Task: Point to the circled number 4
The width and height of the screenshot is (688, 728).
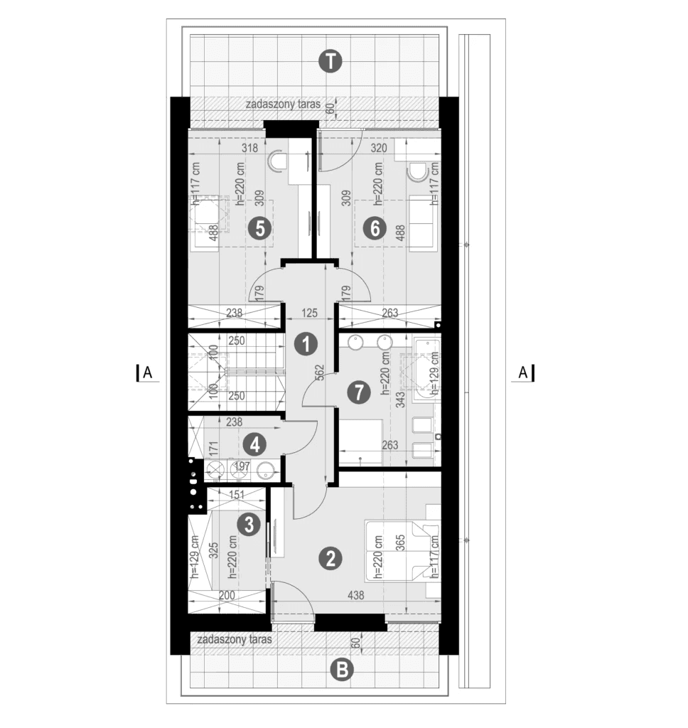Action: pos(254,445)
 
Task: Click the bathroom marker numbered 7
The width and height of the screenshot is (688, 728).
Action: pos(360,390)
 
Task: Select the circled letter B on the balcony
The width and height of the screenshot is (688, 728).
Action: pos(343,670)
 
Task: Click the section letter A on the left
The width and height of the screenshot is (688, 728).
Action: pos(147,372)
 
